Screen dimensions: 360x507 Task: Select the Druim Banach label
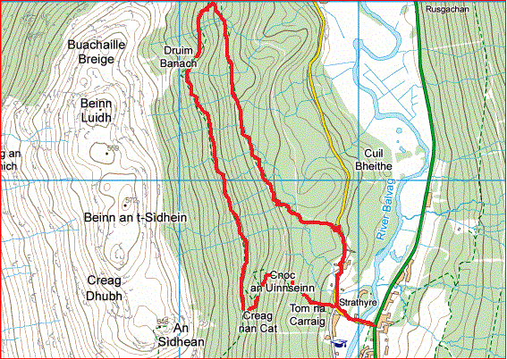pyautogui.click(x=180, y=56)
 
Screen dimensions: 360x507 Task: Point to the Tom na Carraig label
pyautogui.click(x=313, y=316)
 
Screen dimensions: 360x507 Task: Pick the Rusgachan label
pyautogui.click(x=448, y=9)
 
